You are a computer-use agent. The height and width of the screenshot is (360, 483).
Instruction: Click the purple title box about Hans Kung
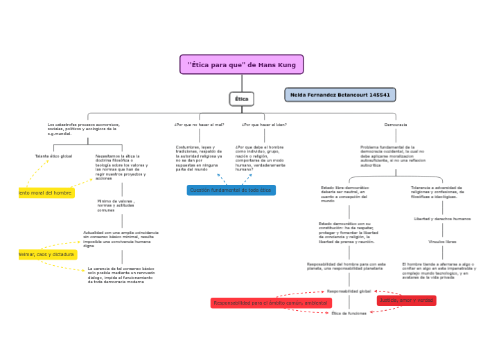point(241,64)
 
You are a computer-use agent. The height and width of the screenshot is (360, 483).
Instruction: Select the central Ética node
point(241,99)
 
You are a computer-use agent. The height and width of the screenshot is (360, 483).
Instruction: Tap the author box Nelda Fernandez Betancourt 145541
point(340,94)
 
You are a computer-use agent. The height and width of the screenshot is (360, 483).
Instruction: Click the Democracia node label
point(396,125)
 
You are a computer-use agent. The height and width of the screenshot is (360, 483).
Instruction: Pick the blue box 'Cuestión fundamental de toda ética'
point(231,190)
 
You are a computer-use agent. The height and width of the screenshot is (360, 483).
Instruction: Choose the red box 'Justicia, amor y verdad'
point(406,300)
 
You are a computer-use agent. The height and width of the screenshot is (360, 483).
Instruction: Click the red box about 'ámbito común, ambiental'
point(271,303)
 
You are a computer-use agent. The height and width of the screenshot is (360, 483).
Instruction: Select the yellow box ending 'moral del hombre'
point(46,192)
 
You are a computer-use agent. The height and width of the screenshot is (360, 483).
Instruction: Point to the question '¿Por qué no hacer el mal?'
point(199,125)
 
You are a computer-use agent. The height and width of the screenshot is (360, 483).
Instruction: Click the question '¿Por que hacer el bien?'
point(264,125)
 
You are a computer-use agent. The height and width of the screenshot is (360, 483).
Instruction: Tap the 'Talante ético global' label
point(53,156)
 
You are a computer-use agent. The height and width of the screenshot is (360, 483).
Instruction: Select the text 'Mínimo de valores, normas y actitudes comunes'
point(116,205)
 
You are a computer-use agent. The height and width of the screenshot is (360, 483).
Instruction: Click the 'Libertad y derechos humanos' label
point(441,219)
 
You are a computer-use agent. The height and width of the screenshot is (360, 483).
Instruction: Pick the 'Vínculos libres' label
point(441,242)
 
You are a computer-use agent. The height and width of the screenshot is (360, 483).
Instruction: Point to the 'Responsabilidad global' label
point(349,291)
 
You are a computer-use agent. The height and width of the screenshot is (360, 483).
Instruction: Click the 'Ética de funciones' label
point(349,314)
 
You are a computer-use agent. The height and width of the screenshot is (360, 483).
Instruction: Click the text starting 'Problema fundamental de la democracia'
point(387,156)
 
